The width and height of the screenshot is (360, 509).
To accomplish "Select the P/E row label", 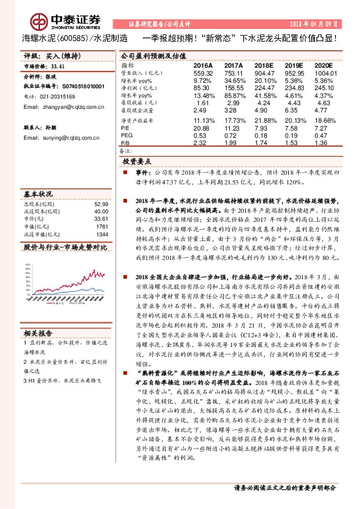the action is pos(125,129).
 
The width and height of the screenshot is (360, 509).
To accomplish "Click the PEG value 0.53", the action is pos(200,135).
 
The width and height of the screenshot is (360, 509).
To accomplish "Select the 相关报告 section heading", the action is pos(38,333).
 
